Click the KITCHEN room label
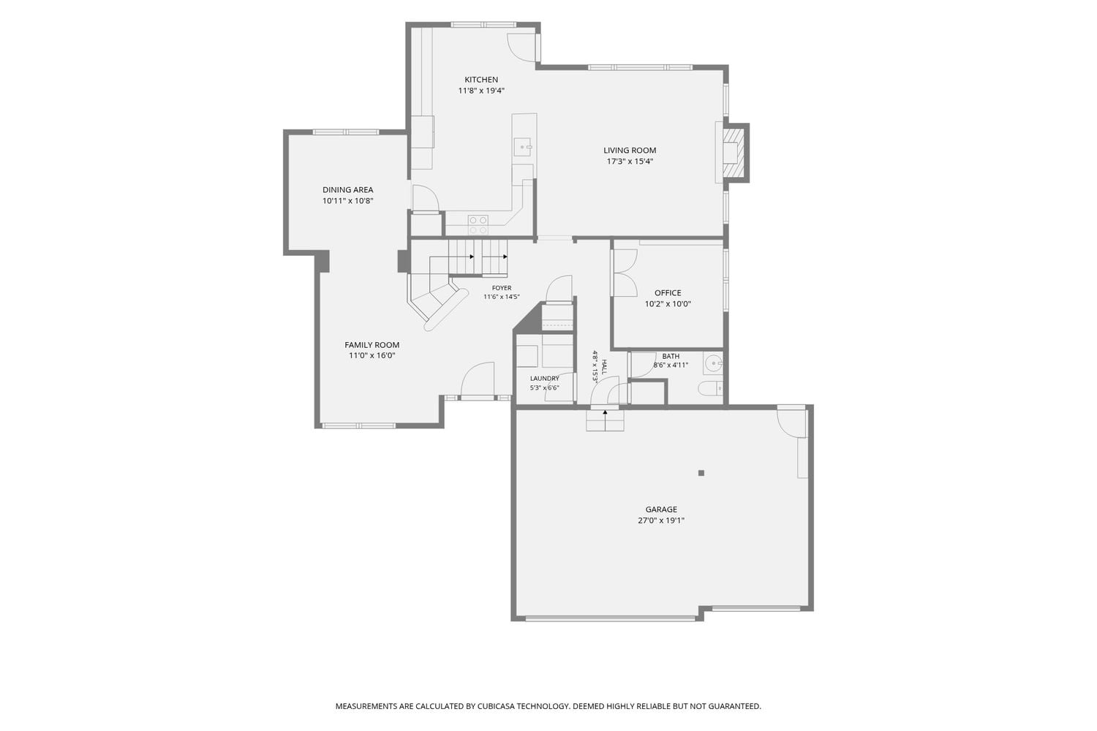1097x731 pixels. tap(481, 80)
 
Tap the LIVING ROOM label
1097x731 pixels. tap(629, 151)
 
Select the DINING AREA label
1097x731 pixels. tap(347, 189)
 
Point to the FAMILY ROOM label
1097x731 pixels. tap(372, 345)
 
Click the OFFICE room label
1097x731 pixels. tap(668, 293)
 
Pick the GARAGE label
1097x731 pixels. tap(660, 510)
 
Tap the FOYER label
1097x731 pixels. tap(502, 288)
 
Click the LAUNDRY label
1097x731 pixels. tap(544, 379)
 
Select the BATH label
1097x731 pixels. tap(671, 356)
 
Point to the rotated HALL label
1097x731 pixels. tap(604, 367)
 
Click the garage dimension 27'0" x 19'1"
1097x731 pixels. tap(660, 520)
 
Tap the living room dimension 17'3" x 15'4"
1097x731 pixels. tap(630, 161)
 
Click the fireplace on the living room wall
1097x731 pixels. tap(734, 152)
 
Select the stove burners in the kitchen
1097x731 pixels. tap(478, 224)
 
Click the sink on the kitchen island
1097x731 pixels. tap(523, 147)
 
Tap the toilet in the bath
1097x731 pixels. tap(710, 389)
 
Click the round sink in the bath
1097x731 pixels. tap(713, 364)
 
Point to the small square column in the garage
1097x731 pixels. tap(701, 473)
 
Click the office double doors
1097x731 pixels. tap(625, 273)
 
